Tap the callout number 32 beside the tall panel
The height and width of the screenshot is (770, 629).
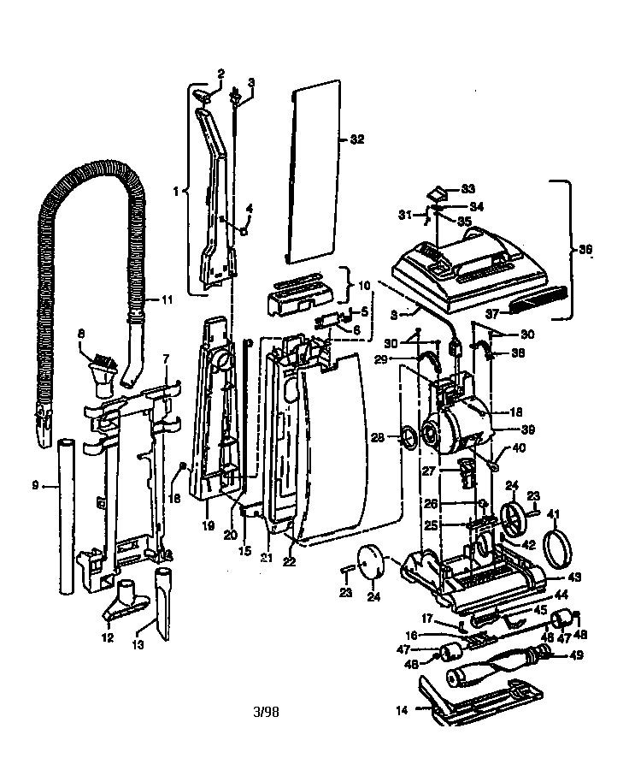[356, 139]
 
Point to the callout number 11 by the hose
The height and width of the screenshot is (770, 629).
[166, 299]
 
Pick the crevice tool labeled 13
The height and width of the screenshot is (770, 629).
[162, 603]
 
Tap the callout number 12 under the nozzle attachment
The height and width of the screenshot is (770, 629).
[107, 637]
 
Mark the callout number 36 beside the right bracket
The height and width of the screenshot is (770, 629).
[585, 250]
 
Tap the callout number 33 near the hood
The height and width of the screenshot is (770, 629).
[467, 188]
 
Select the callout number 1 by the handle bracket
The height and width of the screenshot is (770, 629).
[176, 192]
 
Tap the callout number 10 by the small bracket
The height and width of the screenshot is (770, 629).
[363, 284]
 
